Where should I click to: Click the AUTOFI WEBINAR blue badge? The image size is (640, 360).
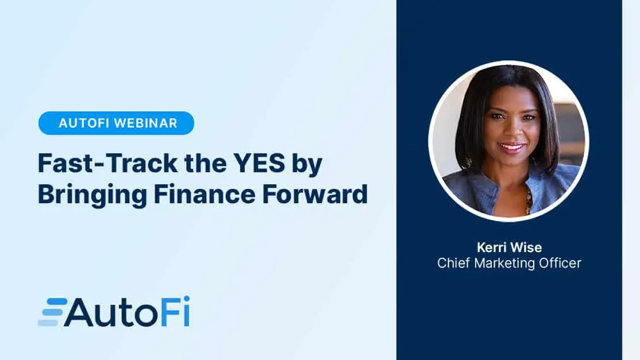116,123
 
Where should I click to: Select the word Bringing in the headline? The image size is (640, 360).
92,195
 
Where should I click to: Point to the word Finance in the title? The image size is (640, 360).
205,194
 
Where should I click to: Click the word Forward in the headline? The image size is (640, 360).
315,194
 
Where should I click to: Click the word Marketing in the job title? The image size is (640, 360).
504,264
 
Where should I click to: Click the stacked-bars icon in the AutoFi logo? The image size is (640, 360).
53,312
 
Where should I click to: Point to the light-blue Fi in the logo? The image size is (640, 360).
175,311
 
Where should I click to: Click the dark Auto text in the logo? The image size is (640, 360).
111,312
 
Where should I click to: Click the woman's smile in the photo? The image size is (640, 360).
511,147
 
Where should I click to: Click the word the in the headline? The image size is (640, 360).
205,163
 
